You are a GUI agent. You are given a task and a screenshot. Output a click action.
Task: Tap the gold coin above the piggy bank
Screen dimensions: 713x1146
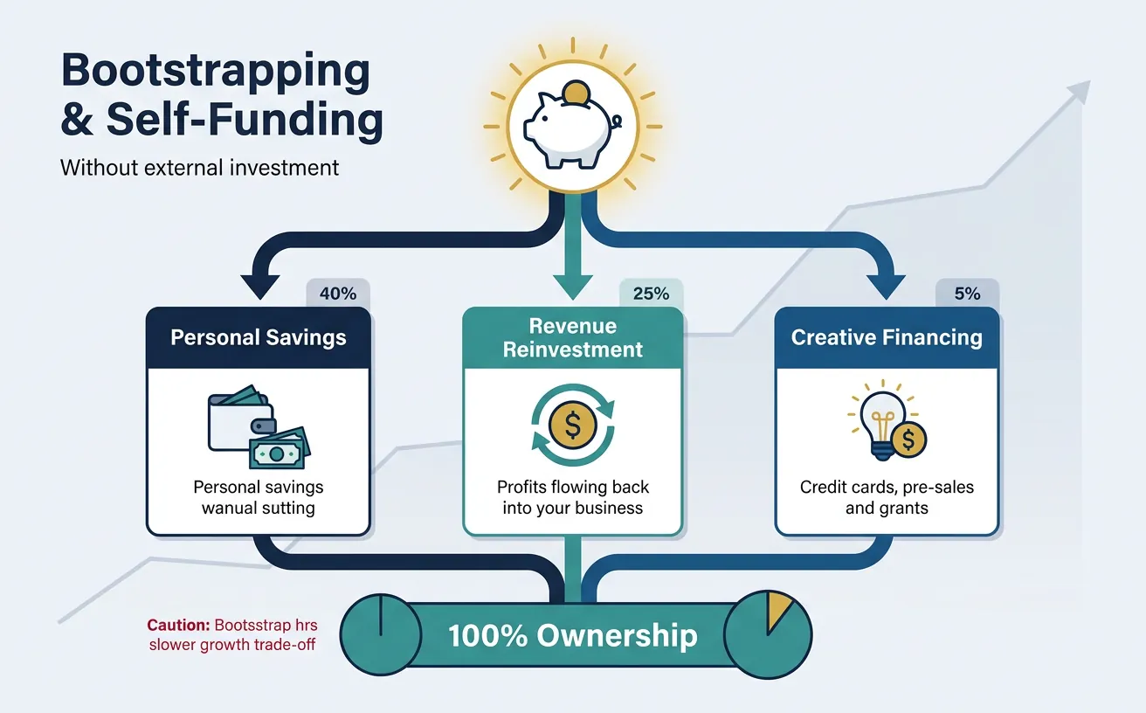(575, 93)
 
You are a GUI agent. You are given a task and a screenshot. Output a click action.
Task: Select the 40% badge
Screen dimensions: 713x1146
(338, 294)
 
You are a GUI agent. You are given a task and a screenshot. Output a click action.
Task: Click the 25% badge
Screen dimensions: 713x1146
(650, 294)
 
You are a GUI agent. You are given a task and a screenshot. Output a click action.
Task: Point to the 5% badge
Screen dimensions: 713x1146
(967, 294)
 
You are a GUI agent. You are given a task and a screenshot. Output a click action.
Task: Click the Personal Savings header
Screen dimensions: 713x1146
(259, 337)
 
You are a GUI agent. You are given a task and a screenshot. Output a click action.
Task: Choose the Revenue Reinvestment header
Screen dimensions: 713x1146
(573, 338)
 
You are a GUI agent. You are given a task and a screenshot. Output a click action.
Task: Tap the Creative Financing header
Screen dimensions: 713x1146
(887, 337)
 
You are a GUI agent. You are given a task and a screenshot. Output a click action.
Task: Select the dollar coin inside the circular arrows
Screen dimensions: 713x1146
(573, 426)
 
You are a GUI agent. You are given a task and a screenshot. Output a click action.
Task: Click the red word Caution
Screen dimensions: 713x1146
(176, 625)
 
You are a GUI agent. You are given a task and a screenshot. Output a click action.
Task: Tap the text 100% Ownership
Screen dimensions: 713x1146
(573, 635)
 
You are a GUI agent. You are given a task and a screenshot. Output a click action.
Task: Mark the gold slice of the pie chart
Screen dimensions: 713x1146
(777, 613)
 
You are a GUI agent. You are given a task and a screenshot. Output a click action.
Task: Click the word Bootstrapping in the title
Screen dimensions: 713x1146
(216, 72)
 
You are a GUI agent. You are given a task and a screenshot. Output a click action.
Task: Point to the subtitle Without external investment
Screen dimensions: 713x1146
(199, 167)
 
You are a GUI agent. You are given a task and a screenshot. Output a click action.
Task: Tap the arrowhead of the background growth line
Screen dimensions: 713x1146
(1080, 91)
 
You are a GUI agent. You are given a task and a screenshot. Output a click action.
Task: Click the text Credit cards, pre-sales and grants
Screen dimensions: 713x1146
(887, 496)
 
